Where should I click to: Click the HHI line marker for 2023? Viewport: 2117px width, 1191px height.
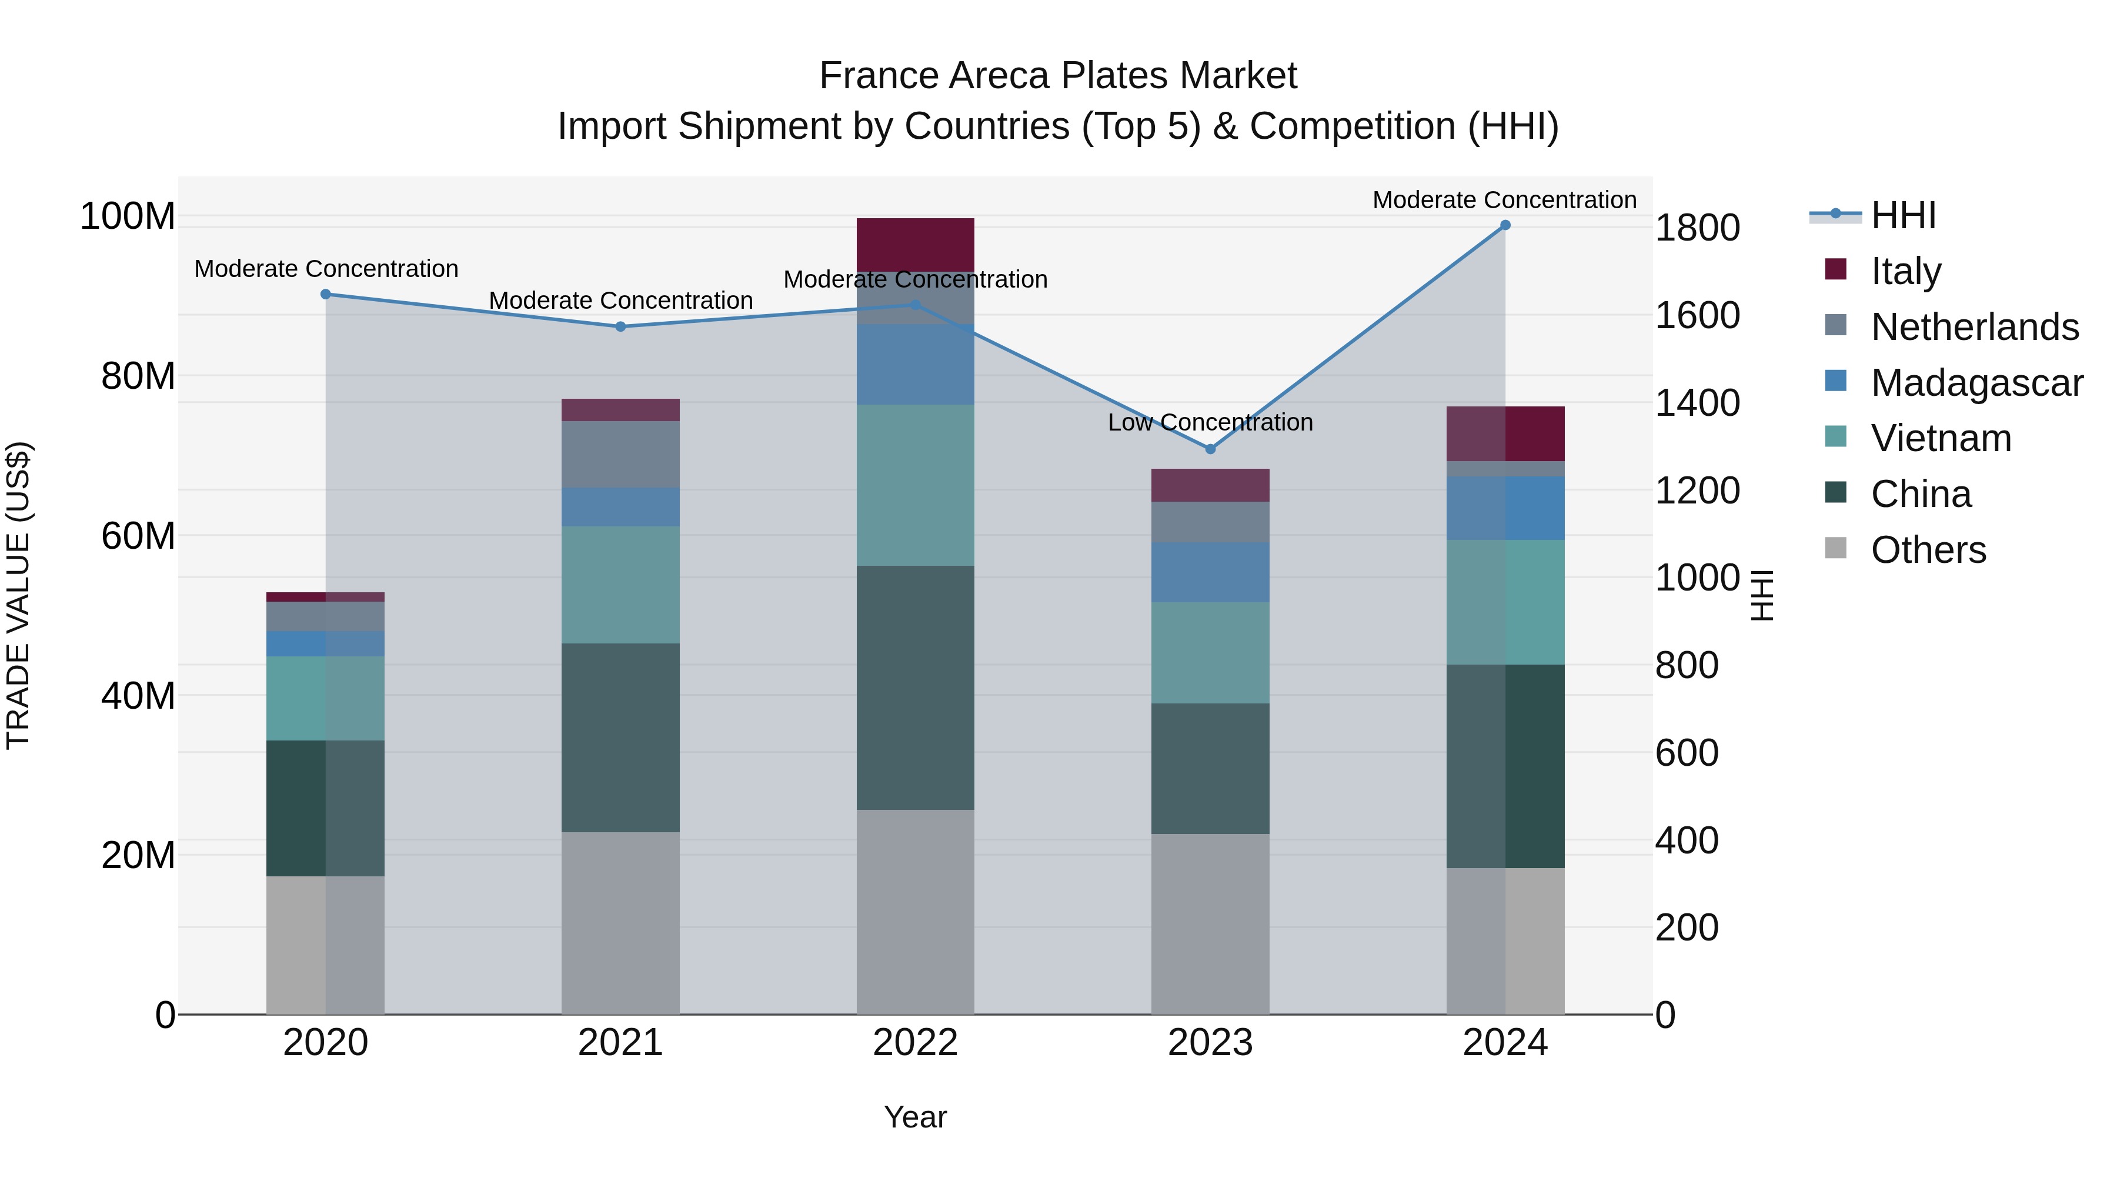pyautogui.click(x=1210, y=449)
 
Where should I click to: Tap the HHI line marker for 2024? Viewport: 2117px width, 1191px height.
pyautogui.click(x=1505, y=225)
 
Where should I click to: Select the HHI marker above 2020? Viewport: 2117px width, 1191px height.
pyautogui.click(x=325, y=294)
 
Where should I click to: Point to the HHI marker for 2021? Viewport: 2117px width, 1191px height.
pyautogui.click(x=620, y=326)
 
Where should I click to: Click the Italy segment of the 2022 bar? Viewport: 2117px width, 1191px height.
pyautogui.click(x=914, y=244)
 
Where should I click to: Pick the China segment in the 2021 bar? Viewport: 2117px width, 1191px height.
pyautogui.click(x=620, y=738)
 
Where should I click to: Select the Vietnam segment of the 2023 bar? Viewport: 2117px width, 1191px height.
pyautogui.click(x=1210, y=653)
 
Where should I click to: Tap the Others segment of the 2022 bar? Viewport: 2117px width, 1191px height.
pyautogui.click(x=914, y=912)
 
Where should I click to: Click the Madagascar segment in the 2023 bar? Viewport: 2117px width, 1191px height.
pyautogui.click(x=1210, y=572)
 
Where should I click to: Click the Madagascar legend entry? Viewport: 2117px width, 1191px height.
pyautogui.click(x=1976, y=383)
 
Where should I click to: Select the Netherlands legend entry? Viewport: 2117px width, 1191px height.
pyautogui.click(x=1974, y=327)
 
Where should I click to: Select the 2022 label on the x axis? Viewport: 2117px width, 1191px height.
pyautogui.click(x=914, y=1043)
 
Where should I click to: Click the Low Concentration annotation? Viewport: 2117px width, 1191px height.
pyautogui.click(x=1210, y=422)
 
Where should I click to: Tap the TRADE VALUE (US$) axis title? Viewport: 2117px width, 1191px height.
pyautogui.click(x=18, y=595)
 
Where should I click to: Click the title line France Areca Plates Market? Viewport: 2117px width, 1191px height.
pyautogui.click(x=1058, y=76)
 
